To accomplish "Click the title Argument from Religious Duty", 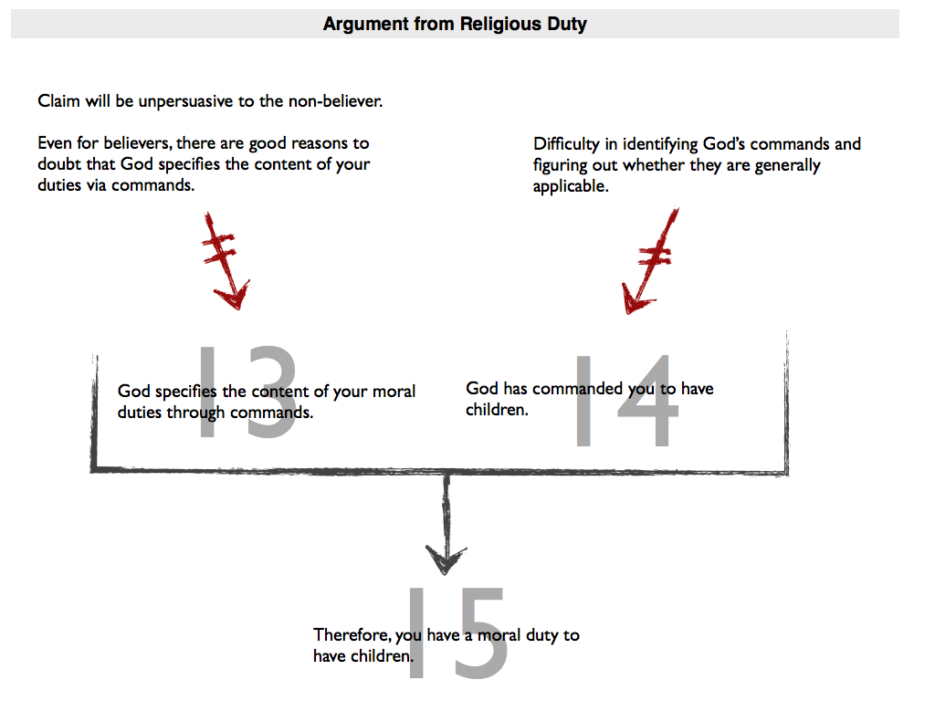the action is point(455,24).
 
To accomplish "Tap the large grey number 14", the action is point(627,401).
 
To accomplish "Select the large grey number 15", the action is point(458,633).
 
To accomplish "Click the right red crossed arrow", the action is point(650,260).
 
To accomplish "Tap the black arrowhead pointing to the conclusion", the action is point(446,560).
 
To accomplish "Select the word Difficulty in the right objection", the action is point(566,145).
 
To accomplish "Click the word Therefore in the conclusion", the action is point(352,636).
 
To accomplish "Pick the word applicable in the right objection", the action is point(571,186).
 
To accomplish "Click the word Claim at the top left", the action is point(58,100).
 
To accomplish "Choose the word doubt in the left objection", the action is point(58,164).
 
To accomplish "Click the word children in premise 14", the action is point(497,410).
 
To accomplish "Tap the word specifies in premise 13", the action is point(186,392).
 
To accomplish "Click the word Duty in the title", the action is point(566,25).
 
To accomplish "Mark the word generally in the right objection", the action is point(787,166).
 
